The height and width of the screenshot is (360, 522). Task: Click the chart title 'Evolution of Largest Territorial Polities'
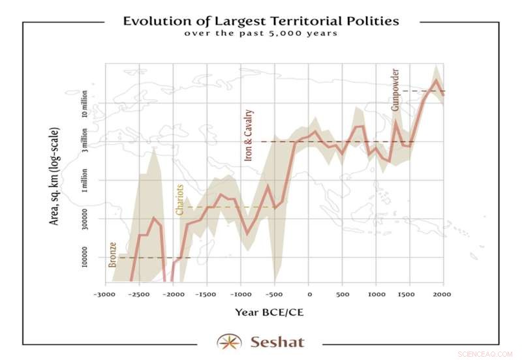pos(261,21)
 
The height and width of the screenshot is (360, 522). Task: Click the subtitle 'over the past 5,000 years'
pos(261,33)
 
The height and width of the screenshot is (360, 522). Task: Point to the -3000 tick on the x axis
pos(105,294)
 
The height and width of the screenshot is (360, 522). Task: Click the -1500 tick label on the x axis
pos(206,294)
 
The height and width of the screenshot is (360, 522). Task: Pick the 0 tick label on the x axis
pos(309,294)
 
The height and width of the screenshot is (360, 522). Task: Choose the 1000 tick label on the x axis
pos(376,294)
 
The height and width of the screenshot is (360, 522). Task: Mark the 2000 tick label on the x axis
pos(443,294)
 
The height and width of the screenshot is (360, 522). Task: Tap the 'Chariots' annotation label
pos(180,199)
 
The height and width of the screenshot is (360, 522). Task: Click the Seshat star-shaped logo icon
pos(228,341)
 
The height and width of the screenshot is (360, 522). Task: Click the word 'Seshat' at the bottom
pos(277,341)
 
